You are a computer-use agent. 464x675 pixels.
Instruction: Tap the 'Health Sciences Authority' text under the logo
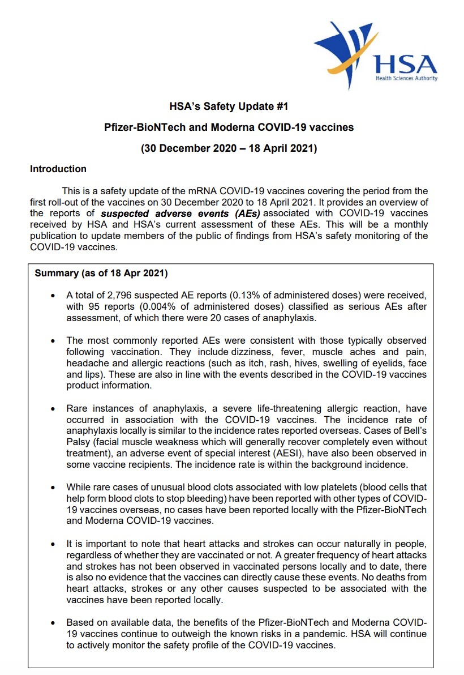click(406, 78)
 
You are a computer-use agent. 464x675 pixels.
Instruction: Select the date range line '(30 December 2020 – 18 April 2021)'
click(229, 149)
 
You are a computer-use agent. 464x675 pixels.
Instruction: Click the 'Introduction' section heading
click(58, 169)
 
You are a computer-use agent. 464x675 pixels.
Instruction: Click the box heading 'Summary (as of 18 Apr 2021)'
click(101, 273)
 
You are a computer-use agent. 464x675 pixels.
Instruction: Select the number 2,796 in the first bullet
click(128, 296)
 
